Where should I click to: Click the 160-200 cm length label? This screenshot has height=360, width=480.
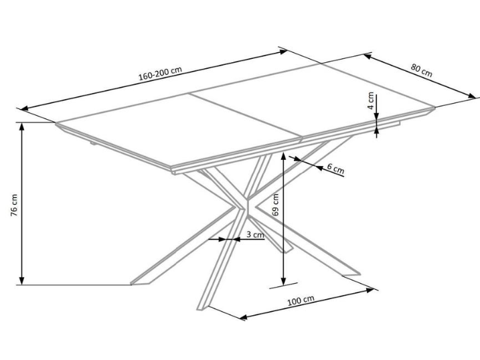coord(160,74)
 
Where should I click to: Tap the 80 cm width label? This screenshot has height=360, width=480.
coord(422,70)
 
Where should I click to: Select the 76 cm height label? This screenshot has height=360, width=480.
coord(14,205)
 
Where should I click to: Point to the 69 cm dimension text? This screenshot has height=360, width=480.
coord(275,204)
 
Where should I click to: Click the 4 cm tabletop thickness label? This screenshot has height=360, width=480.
coord(371,100)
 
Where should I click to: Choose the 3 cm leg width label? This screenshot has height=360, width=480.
coord(255,235)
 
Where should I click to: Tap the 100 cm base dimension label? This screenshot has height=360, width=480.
coord(301,300)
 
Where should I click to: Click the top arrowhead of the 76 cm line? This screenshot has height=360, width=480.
coord(21,126)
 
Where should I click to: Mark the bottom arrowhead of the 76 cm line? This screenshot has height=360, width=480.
coord(21,280)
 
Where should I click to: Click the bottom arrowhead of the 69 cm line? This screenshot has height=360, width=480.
coord(284,282)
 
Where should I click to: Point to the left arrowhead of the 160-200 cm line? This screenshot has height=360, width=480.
coord(24,108)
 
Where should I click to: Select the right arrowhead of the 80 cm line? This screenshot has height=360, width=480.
coord(473,96)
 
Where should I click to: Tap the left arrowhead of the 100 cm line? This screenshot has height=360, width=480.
coord(244,317)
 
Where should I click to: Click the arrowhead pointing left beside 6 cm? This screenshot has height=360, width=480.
coord(319,167)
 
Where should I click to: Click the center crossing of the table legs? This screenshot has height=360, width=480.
coord(246,205)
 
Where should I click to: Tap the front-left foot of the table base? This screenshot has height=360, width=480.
coord(140,281)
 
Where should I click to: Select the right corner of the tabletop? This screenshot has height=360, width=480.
coord(434,107)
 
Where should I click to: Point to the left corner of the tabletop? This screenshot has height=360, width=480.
coord(56,123)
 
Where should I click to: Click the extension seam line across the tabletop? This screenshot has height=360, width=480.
coord(245,116)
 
